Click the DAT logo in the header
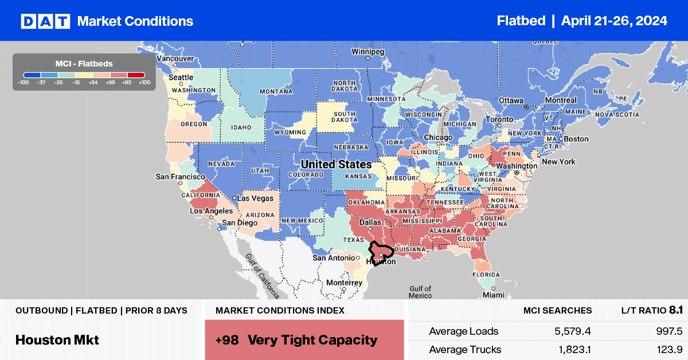(45, 21)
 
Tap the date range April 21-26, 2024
(614, 21)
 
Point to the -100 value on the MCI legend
(24, 83)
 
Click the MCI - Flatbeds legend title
(84, 63)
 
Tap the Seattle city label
(181, 78)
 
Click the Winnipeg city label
(367, 51)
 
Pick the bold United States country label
(337, 165)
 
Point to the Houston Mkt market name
(57, 340)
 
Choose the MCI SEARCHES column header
(557, 310)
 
